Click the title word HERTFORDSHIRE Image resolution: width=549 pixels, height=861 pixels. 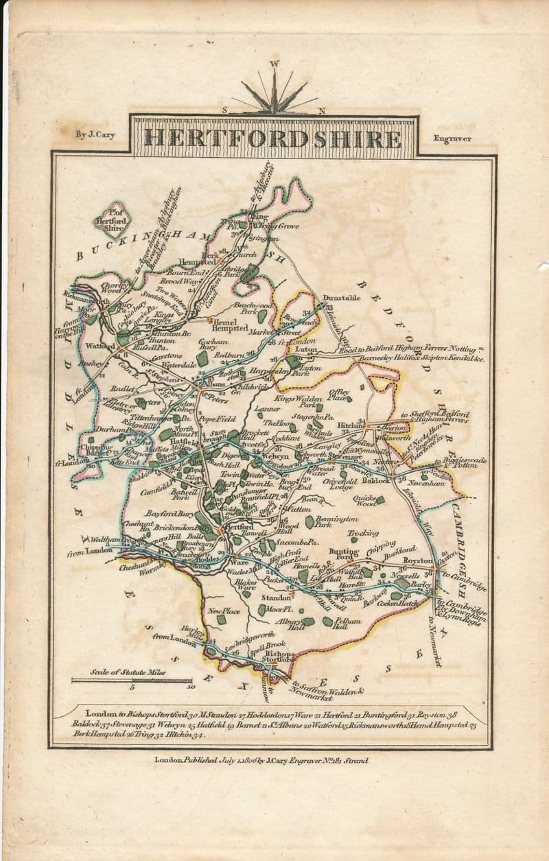click(x=274, y=138)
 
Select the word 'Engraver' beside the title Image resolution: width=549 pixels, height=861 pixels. click(x=452, y=139)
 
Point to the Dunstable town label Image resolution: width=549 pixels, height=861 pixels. click(x=341, y=298)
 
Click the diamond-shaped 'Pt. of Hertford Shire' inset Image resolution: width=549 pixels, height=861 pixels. click(x=113, y=220)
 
